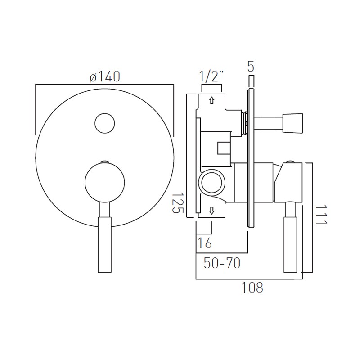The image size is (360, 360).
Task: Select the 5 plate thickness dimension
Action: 251,67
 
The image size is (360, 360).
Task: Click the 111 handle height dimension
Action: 320,218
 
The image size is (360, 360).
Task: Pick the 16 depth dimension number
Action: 204,243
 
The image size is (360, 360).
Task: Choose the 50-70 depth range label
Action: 221,263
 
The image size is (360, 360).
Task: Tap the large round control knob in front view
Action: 104,182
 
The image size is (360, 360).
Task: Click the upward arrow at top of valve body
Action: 211,100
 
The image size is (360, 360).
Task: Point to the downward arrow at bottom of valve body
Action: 211,210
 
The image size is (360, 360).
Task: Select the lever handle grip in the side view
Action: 290,245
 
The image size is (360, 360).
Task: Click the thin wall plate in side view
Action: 250,157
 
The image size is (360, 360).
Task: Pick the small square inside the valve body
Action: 223,148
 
